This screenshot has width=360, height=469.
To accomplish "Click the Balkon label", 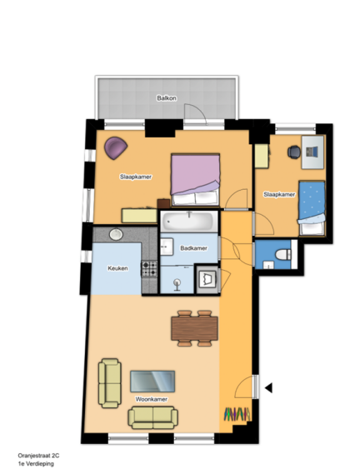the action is coord(167,98).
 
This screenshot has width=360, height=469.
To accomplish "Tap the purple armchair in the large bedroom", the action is coord(116,147).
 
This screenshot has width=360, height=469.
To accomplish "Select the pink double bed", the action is coord(195,179).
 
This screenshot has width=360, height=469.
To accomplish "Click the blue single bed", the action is coord(312,208).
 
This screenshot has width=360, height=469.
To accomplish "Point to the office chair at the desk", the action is coord(294,152).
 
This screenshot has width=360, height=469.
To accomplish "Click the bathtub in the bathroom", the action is coord(189,222).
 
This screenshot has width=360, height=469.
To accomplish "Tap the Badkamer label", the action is coord(193,248).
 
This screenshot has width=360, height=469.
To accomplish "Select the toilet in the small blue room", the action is coord(282,255).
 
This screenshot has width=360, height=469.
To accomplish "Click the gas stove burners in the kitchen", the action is coord(149,268).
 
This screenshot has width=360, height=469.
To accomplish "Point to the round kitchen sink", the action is coord(116,234).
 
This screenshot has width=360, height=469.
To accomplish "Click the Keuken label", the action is coord(117,268).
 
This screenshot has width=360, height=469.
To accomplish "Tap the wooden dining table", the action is coord(194,328).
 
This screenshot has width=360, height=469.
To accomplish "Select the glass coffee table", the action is coord(152,381).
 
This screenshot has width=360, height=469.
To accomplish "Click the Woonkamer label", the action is coord(151,399).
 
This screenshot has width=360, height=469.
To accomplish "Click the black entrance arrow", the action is coord(268,388).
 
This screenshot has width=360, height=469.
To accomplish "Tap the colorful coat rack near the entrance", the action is coord(237,414).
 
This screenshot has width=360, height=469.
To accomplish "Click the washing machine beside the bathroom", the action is coord(207,279).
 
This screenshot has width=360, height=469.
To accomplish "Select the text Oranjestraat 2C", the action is coord(38,456).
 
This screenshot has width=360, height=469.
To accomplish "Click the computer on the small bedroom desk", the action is coord(312,152).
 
